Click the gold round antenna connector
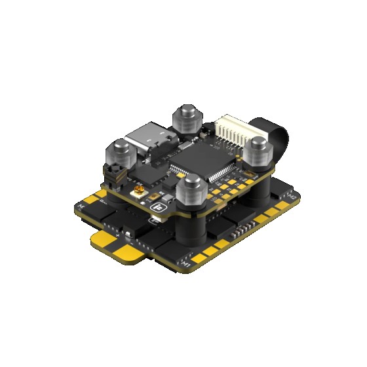(x=138, y=193)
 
